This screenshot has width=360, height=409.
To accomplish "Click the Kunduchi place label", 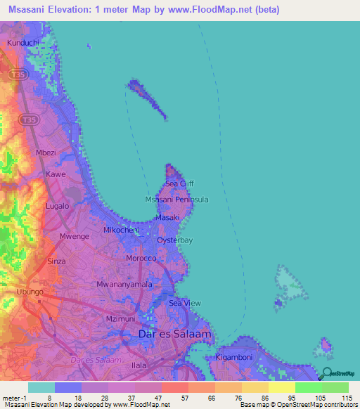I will click(x=23, y=43).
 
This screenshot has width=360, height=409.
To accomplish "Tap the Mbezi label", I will click(x=46, y=152).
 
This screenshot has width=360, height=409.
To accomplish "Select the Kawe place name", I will click(x=56, y=174).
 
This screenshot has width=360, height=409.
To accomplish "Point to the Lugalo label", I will click(x=57, y=206).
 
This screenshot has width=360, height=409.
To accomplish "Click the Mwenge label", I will click(x=75, y=236).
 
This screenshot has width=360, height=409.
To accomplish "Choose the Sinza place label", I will click(x=56, y=261).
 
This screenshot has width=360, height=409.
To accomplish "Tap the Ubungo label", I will click(x=30, y=291).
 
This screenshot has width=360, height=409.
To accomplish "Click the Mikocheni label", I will click(x=121, y=230).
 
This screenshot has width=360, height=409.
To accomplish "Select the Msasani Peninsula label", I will click(x=176, y=200).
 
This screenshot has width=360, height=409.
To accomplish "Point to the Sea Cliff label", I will click(x=179, y=183).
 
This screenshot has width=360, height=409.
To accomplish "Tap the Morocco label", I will click(x=141, y=258).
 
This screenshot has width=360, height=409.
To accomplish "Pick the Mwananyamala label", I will click(x=124, y=285).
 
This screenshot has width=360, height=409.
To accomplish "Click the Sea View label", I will click(x=185, y=303).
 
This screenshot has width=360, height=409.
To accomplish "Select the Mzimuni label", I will click(x=120, y=318).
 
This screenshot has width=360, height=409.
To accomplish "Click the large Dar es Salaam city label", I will click(x=175, y=335).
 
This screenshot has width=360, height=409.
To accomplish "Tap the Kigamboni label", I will click(x=238, y=358).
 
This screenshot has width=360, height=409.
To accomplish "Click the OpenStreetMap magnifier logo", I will click(x=327, y=375).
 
